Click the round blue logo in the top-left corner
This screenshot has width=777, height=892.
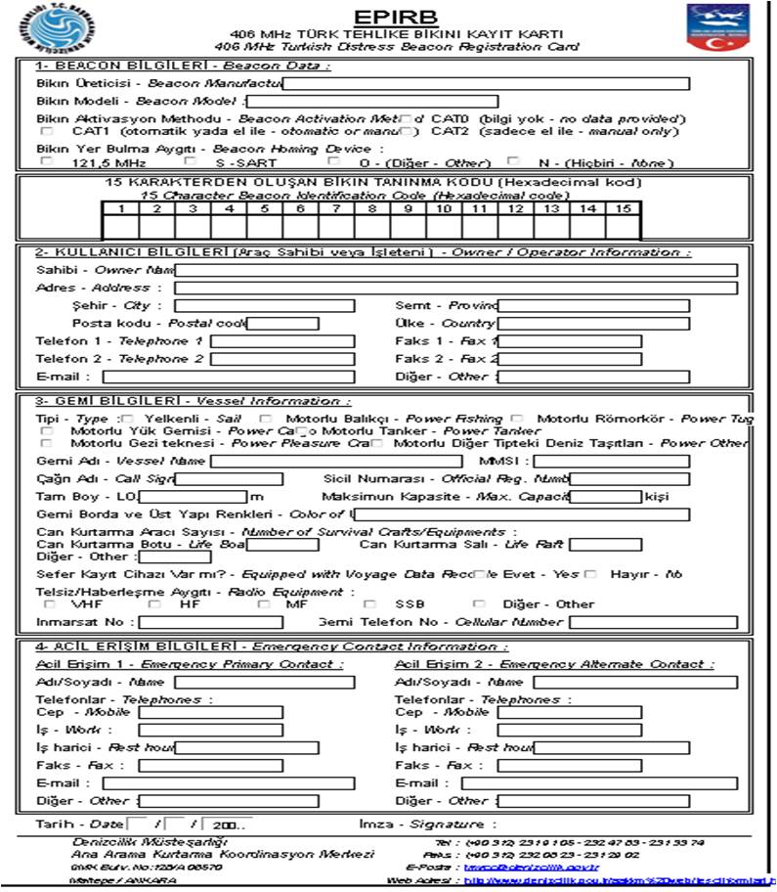click(x=61, y=28)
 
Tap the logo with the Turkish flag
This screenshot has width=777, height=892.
click(x=717, y=27)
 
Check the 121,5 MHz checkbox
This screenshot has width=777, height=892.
click(x=47, y=161)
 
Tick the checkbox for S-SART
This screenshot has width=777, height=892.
click(x=191, y=161)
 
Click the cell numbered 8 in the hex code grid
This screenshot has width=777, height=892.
click(x=371, y=226)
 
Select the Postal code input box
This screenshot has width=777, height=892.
click(x=283, y=324)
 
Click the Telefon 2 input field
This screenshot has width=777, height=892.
click(x=269, y=359)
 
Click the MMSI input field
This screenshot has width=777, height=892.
click(x=611, y=461)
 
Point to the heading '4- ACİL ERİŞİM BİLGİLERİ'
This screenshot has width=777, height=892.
click(x=136, y=647)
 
